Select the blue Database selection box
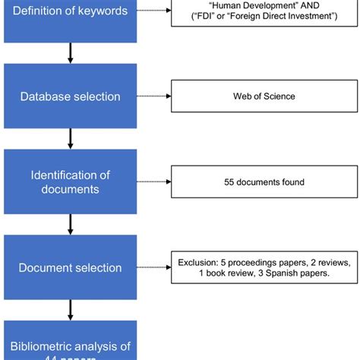(70, 96)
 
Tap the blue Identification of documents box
(70, 182)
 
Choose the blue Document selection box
(70, 267)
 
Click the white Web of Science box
(264, 96)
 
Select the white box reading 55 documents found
(264, 182)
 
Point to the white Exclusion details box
(264, 267)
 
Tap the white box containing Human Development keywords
(264, 14)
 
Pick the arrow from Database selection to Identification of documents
(71, 138)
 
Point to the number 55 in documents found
(229, 182)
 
